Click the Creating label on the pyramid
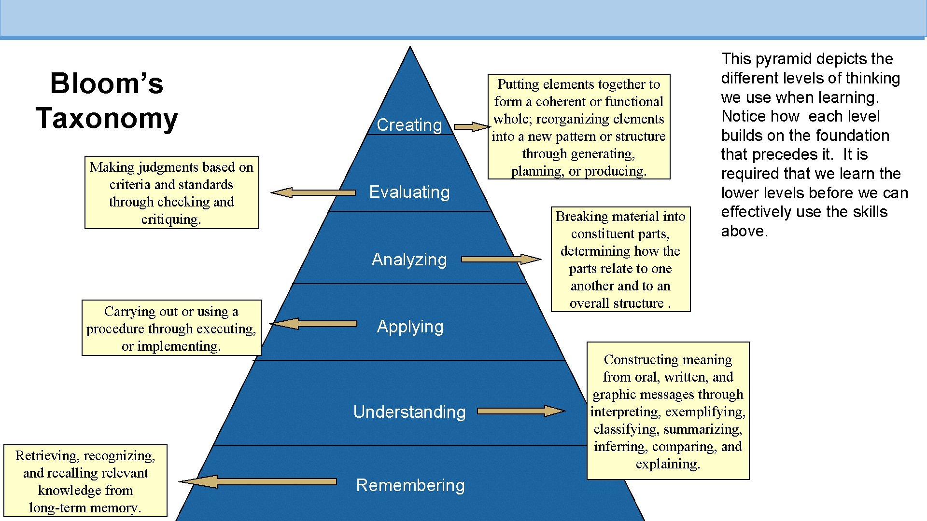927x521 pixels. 409,125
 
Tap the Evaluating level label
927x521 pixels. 409,192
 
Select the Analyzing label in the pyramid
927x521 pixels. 409,260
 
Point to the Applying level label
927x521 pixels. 410,327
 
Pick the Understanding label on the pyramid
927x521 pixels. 409,412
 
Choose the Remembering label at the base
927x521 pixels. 410,485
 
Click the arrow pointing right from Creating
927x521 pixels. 472,127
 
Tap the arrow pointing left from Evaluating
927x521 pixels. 313,193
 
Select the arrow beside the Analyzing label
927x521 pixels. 501,260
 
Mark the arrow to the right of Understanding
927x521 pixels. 521,411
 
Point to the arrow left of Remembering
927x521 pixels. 258,481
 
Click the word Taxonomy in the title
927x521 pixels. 107,118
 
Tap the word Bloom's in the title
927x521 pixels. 107,83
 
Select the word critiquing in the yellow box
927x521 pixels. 171,219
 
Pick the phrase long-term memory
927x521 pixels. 85,507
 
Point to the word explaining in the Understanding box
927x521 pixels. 668,464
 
